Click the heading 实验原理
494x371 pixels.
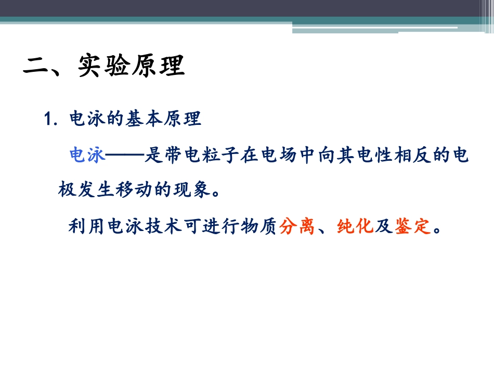(x=132, y=67)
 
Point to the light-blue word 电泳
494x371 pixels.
(x=87, y=155)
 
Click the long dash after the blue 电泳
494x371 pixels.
(x=124, y=155)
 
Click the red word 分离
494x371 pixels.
(x=297, y=226)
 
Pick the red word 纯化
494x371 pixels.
(x=355, y=226)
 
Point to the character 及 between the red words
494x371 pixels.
(x=384, y=226)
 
